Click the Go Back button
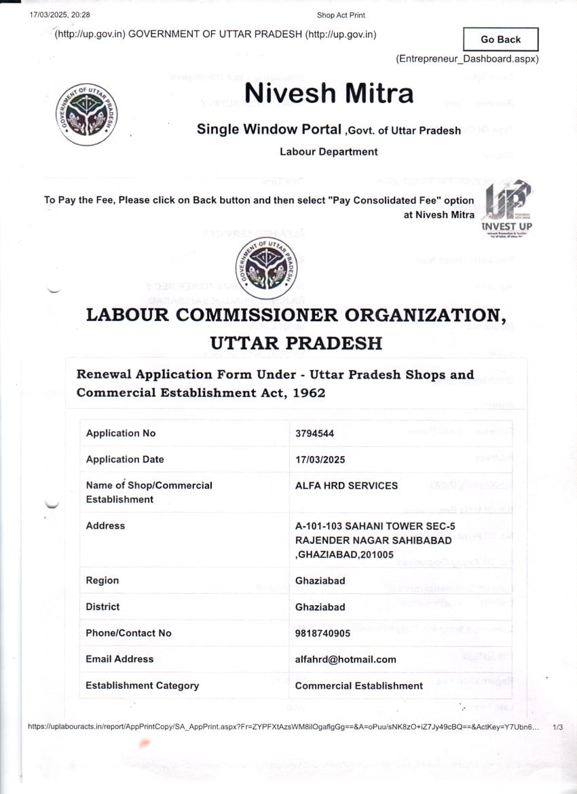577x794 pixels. pos(500,39)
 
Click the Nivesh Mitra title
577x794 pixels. pos(329,92)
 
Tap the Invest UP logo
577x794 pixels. pos(506,206)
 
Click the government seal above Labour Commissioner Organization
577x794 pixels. pos(267,265)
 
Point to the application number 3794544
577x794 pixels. pos(315,434)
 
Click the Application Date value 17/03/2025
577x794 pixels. pos(320,459)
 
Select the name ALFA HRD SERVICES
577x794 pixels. pos(346,485)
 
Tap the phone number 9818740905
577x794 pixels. pos(323,633)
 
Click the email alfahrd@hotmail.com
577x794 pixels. pos(346,659)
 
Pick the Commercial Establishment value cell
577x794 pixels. pos(359,685)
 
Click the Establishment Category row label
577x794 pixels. pos(143,685)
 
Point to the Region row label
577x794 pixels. pos(103,580)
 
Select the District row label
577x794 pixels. pos(103,607)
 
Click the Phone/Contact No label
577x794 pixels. pos(129,633)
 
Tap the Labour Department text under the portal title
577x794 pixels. pos(329,151)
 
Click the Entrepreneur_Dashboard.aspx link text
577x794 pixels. pos(467,59)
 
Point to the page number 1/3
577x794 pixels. pos(559,727)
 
